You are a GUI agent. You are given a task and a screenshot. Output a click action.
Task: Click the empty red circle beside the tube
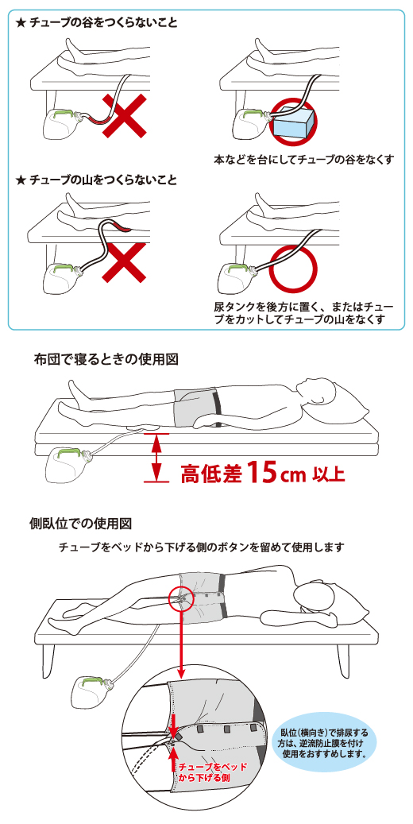pos(294,269)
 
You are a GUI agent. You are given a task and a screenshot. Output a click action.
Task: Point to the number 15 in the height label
pos(261,471)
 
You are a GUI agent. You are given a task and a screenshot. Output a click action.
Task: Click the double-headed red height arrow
pos(156,457)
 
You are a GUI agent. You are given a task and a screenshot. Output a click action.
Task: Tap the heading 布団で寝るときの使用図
pos(106,359)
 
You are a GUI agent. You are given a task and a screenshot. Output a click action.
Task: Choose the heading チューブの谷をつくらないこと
pos(97,23)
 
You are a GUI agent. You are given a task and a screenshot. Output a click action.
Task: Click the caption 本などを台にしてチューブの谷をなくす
pos(303,159)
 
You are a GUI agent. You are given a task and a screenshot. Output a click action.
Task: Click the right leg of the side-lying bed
pos(343,658)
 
